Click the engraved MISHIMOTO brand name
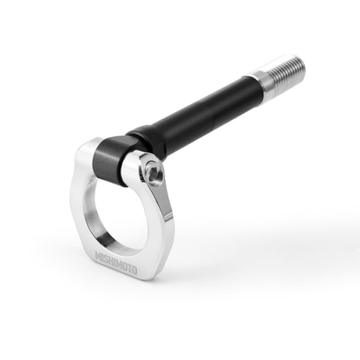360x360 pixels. coord(116,263)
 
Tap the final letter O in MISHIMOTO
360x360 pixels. coord(134,271)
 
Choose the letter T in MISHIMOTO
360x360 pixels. coord(128,268)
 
